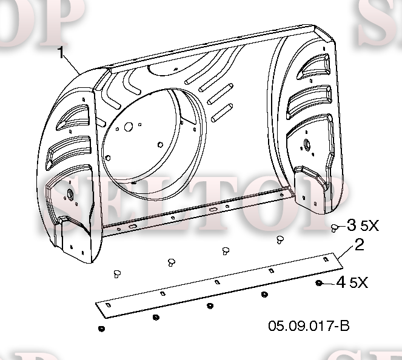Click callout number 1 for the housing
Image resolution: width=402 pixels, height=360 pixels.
coord(61,53)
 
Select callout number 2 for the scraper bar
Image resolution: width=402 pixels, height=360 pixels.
coord(360,245)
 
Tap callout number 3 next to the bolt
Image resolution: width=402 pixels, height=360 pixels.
coord(352,225)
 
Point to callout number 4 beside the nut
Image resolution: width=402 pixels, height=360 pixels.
coord(341,282)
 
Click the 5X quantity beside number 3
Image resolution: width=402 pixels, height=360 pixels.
coord(370,225)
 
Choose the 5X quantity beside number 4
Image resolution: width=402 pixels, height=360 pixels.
coord(359,283)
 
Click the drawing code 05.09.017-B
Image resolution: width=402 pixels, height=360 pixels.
coord(309,326)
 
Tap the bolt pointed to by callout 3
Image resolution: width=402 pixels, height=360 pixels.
coord(334,228)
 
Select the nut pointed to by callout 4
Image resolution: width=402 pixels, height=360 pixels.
coord(319,283)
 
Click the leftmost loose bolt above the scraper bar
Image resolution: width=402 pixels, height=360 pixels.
coord(117,274)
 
